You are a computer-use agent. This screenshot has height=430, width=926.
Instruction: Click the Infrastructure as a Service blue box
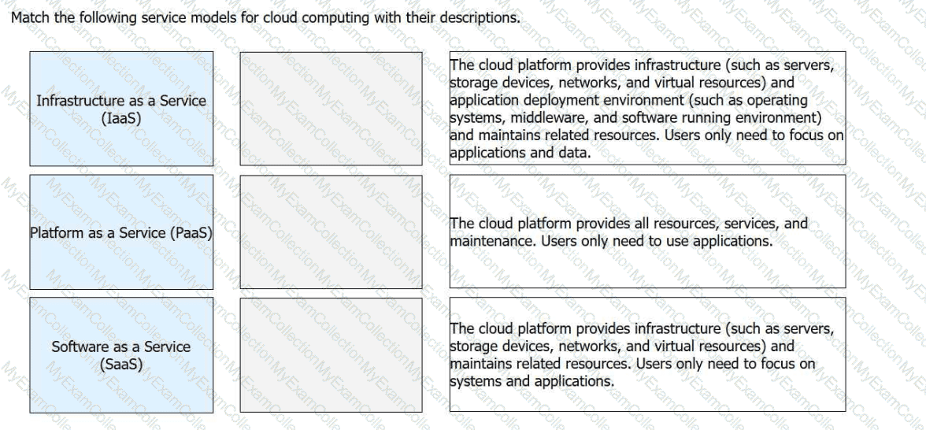pos(121,108)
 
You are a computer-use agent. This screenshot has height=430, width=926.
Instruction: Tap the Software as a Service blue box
pos(121,354)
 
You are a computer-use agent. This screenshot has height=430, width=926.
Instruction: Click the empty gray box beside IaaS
pos(331,108)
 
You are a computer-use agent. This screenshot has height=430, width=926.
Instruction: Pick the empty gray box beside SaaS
pos(331,354)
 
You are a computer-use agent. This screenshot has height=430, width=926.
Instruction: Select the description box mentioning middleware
pos(647,108)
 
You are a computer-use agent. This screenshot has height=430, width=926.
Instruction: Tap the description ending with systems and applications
pos(647,354)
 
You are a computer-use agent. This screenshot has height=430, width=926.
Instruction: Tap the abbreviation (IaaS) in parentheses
pos(121,117)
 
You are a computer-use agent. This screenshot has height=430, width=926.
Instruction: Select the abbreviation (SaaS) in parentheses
pos(121,364)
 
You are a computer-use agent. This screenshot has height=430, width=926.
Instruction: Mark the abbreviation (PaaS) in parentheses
pos(192,234)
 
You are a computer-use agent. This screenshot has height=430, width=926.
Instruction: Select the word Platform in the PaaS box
pos(57,234)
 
